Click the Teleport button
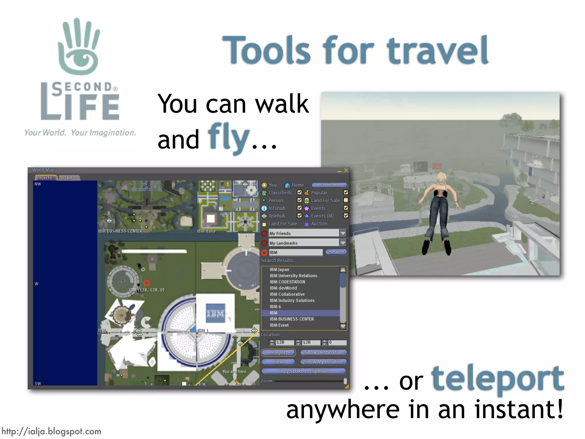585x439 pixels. (x=278, y=352)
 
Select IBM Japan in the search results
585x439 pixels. (x=279, y=270)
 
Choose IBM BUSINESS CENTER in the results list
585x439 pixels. (x=292, y=319)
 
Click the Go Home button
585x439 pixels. (x=329, y=185)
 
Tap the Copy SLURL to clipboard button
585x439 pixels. (x=304, y=371)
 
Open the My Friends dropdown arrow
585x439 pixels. (x=343, y=233)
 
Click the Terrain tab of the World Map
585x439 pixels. (x=66, y=177)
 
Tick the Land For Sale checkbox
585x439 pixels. (x=346, y=200)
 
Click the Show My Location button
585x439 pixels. (x=323, y=362)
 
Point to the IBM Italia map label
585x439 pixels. (x=206, y=231)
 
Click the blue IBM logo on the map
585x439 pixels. (x=215, y=313)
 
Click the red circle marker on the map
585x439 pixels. (x=147, y=283)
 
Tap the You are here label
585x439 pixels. (x=234, y=372)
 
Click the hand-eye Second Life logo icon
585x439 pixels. (x=79, y=47)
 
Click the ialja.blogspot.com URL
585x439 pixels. (x=51, y=431)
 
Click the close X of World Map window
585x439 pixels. (x=346, y=170)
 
